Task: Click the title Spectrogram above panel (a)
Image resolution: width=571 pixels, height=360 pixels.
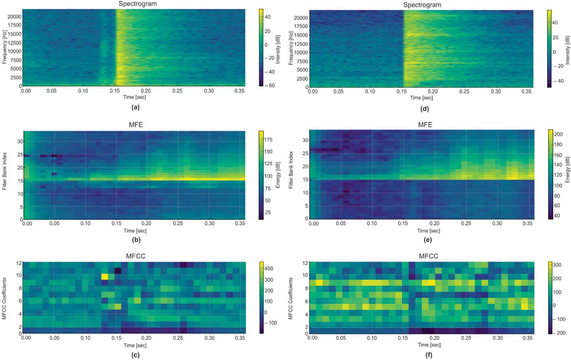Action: tap(137, 4)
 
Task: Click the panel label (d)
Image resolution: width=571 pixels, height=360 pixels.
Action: tap(424, 109)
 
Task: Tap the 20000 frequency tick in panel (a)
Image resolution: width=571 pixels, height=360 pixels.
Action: tap(15, 16)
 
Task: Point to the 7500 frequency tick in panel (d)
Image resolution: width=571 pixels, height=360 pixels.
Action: tap(302, 61)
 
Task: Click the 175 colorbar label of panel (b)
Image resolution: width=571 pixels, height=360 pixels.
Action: tap(268, 140)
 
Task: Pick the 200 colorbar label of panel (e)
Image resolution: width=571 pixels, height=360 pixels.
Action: tap(559, 134)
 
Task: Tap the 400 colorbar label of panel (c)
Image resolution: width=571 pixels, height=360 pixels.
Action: tap(269, 268)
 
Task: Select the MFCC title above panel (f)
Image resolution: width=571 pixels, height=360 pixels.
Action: tap(428, 256)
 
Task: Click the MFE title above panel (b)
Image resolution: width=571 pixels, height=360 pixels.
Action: tap(136, 125)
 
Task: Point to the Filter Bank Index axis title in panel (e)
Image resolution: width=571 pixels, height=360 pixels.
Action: tap(291, 170)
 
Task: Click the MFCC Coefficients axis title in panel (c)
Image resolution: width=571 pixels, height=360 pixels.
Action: tap(5, 298)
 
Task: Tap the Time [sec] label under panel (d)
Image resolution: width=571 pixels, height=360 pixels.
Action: tap(421, 98)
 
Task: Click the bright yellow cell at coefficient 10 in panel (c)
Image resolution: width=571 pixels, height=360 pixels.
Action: tap(105, 276)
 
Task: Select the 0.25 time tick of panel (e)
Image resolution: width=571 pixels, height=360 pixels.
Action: tap(466, 223)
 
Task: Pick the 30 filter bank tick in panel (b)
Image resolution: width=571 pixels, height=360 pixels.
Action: tap(20, 141)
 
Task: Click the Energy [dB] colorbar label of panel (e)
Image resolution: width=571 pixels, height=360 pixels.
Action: tap(567, 170)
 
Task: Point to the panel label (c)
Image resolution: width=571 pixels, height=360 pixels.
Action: tap(135, 355)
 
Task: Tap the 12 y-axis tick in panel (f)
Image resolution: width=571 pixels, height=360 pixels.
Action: tap(305, 263)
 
